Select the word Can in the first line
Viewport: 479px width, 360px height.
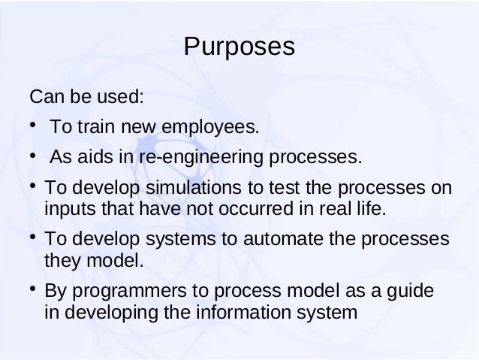pos(44,98)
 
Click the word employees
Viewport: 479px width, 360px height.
pos(218,129)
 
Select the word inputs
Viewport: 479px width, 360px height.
pos(68,207)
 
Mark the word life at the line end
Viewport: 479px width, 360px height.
pos(372,207)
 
